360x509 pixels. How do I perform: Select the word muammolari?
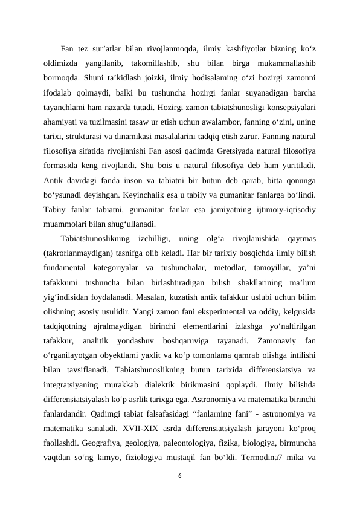(65, 238)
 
